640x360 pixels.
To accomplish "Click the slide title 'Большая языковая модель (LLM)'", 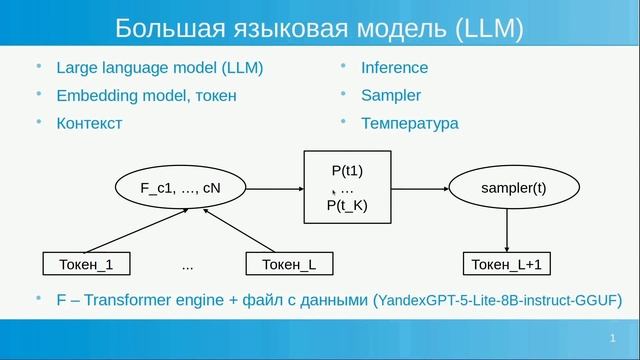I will pyautogui.click(x=319, y=27).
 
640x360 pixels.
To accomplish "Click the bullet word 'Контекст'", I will pyautogui.click(x=89, y=124).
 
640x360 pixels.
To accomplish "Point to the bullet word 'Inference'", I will pyautogui.click(x=395, y=68).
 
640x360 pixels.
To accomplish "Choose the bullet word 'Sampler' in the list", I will pyautogui.click(x=392, y=96).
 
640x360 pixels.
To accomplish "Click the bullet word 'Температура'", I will pyautogui.click(x=411, y=124).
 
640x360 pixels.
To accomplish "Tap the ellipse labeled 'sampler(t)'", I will pyautogui.click(x=513, y=187).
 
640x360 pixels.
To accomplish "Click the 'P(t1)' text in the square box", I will pyautogui.click(x=348, y=170).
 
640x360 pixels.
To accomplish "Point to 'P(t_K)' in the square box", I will pyautogui.click(x=348, y=205).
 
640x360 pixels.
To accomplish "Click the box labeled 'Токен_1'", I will pyautogui.click(x=89, y=264).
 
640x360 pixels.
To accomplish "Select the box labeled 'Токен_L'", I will pyautogui.click(x=289, y=264).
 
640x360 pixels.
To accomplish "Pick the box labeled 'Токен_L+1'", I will pyautogui.click(x=508, y=264).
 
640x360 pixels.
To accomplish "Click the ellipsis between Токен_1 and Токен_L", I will pyautogui.click(x=188, y=266).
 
